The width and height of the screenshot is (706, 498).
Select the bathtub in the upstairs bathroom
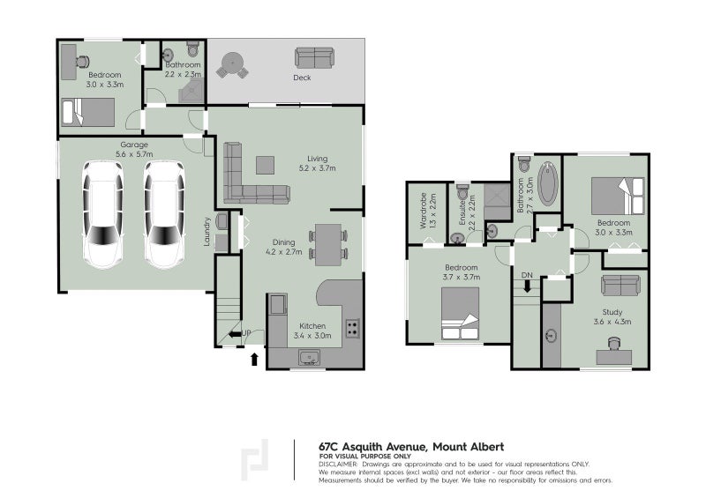pyautogui.click(x=548, y=182)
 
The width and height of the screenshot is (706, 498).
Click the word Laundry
pyautogui.click(x=207, y=231)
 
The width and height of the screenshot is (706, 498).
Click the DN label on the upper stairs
pyautogui.click(x=527, y=276)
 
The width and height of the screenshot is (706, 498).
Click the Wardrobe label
pyautogui.click(x=425, y=211)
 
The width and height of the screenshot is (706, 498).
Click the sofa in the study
pyautogui.click(x=620, y=285)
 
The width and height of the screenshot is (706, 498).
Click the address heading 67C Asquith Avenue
pyautogui.click(x=410, y=447)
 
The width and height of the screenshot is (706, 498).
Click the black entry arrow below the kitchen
pyautogui.click(x=256, y=359)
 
